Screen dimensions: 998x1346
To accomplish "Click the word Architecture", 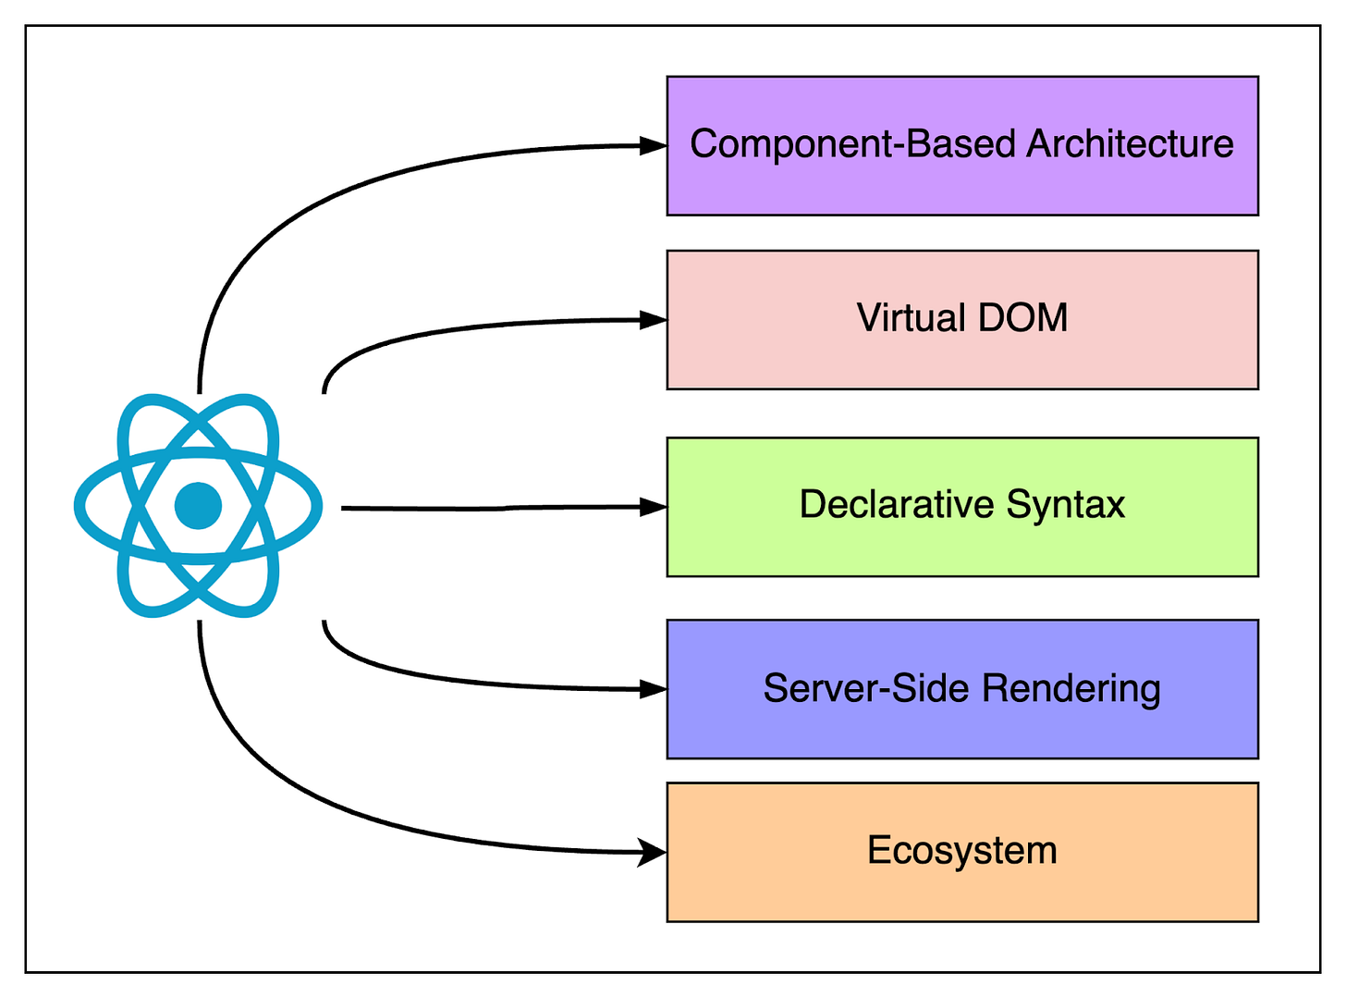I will click(x=1130, y=144).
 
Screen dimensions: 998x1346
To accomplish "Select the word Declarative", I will click(x=896, y=505).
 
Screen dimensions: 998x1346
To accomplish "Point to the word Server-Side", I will click(x=866, y=689).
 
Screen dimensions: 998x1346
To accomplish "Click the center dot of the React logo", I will click(x=199, y=506).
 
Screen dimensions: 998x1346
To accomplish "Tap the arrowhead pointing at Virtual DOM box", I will click(x=655, y=320).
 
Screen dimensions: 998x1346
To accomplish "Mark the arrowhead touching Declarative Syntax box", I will click(x=655, y=507).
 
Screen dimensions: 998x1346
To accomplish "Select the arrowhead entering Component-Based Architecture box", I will click(x=655, y=145).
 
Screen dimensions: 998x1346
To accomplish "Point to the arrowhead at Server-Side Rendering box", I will click(x=655, y=689).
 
